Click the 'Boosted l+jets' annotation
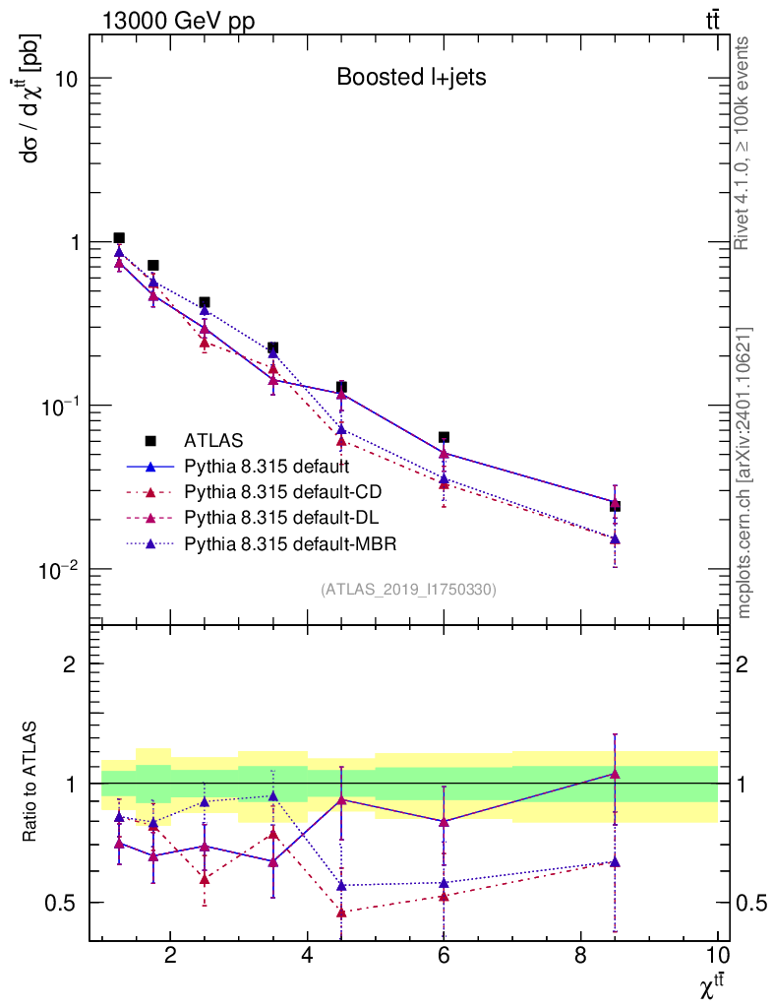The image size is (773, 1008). point(411,78)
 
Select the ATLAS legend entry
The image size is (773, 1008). point(213,440)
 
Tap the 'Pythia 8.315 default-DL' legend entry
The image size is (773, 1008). point(280,517)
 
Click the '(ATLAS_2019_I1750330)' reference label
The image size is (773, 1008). point(408,590)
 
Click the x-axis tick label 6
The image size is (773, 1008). point(445,956)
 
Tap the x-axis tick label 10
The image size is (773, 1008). point(718,956)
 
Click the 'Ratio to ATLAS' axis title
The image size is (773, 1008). point(32,783)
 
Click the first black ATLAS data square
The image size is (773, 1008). point(119,238)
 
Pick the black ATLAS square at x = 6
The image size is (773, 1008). point(445,437)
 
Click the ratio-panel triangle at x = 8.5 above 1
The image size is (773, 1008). point(615,775)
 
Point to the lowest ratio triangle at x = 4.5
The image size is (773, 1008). point(341,913)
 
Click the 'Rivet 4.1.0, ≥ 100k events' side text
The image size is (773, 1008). point(743,144)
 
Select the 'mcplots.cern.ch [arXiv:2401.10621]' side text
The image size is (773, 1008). point(744,472)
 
